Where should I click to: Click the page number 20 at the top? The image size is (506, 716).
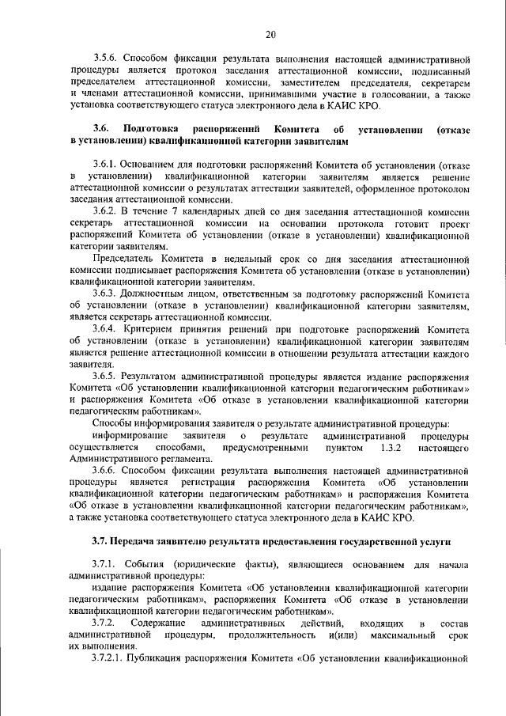coord(270,34)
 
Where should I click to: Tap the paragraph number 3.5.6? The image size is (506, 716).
coord(106,59)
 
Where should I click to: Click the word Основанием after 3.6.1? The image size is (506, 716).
coord(155,165)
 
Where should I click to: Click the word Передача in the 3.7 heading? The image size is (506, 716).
coord(142,542)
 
